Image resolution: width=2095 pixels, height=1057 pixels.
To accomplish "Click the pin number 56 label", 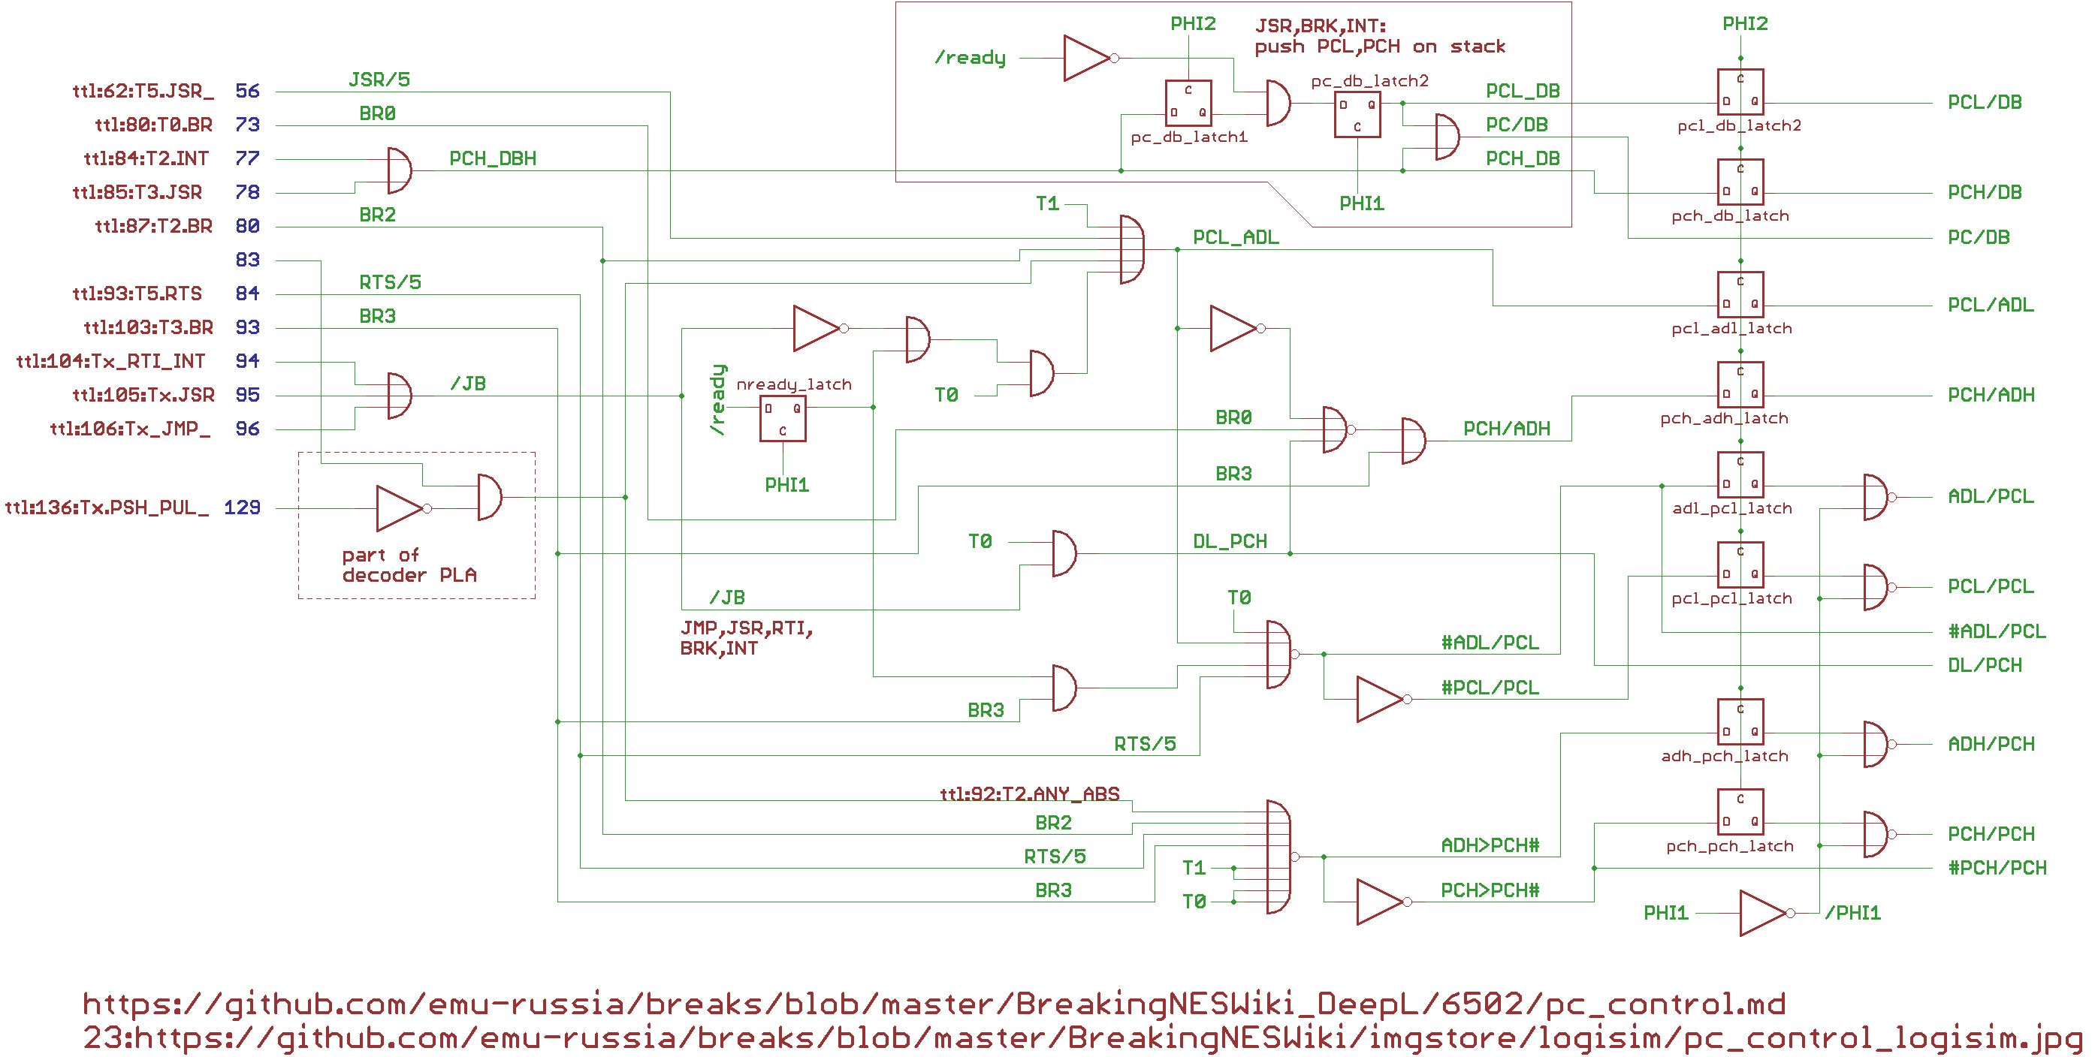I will [247, 91].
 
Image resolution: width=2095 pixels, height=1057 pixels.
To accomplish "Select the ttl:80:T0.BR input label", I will [154, 125].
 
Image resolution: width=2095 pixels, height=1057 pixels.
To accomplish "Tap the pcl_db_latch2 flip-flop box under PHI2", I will [1740, 92].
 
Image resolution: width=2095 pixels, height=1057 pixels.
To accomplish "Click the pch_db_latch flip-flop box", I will [1740, 182].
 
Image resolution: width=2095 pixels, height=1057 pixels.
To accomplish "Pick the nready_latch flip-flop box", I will [783, 418].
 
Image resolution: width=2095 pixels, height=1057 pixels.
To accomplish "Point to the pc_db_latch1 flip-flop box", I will [1188, 102].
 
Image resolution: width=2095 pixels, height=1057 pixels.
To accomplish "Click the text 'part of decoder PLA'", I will [409, 565].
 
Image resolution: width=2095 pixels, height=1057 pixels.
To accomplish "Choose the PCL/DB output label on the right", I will [1985, 102].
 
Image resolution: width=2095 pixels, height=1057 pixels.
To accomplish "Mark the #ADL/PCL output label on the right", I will [1997, 632].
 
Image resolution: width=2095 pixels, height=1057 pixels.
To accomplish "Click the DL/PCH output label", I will [1985, 666].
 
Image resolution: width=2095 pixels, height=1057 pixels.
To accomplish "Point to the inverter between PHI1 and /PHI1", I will [1763, 913].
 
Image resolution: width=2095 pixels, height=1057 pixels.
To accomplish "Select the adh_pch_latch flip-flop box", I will [1740, 721].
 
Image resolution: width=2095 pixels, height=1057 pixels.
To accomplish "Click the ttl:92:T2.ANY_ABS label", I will [1030, 794].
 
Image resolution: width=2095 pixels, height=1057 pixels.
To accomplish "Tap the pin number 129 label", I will [243, 508].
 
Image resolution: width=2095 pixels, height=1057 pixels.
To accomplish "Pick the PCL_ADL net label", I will [1236, 237].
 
